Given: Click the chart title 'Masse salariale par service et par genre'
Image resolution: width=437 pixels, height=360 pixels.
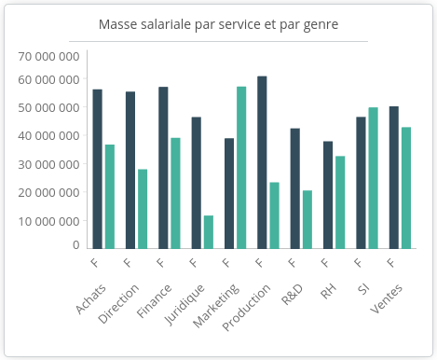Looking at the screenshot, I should (x=218, y=23).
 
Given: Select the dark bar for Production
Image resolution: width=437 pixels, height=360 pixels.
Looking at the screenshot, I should (x=262, y=162).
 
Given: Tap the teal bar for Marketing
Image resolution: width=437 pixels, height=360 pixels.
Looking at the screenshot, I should (x=241, y=168).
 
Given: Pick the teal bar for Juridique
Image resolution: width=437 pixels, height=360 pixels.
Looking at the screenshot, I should (x=208, y=232).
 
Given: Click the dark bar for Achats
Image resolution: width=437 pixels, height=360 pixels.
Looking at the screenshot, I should (x=97, y=169).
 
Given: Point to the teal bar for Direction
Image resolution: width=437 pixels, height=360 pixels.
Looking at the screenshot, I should (x=143, y=209).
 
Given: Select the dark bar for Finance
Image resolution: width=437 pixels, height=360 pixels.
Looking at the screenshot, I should (x=163, y=168).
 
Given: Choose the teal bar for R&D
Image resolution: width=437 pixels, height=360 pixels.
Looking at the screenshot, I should (x=307, y=219).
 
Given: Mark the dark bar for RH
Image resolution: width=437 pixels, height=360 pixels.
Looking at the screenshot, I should (x=328, y=195).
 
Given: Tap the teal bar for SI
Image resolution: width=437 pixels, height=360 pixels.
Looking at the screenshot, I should (x=373, y=178).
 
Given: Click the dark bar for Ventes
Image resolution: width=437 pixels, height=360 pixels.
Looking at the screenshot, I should (x=394, y=177).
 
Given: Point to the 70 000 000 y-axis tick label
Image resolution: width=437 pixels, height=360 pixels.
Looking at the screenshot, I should (x=49, y=56).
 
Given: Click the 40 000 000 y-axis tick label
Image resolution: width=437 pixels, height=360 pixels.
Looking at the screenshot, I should (x=49, y=136).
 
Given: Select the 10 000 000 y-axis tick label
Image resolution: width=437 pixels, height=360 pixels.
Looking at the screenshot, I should (x=49, y=222).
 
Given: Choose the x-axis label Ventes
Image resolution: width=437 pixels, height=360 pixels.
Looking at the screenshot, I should (x=385, y=297).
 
